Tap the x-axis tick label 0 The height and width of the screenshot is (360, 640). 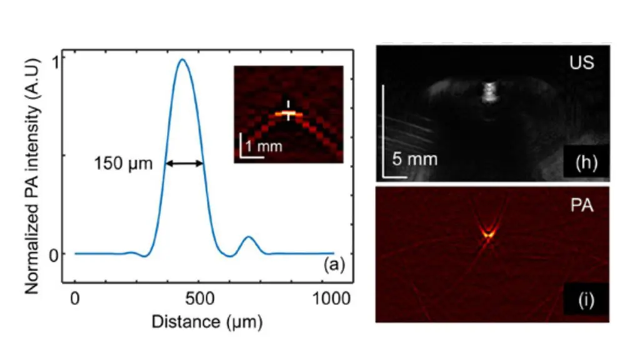coord(75,301)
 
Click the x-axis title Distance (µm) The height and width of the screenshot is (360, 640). coord(206,322)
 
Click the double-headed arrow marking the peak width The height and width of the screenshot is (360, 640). coord(184,164)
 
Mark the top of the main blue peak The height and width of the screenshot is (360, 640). coord(182,60)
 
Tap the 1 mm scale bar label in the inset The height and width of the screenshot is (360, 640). coord(263,147)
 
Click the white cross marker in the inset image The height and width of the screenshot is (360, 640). coord(288,111)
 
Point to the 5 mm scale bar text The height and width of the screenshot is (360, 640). coord(414,159)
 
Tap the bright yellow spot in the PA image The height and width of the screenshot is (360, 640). coord(489,234)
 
